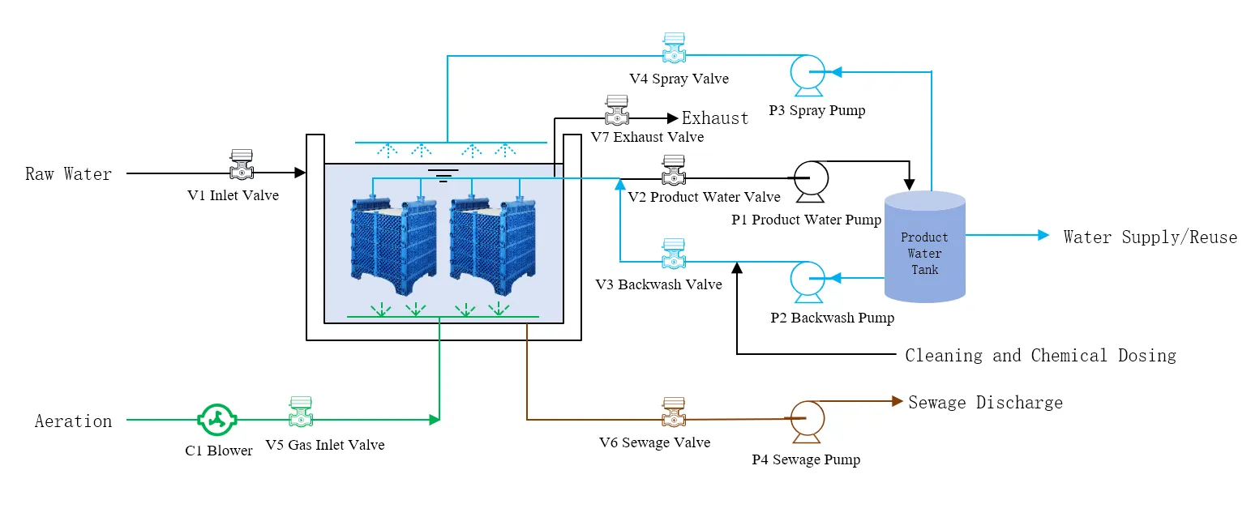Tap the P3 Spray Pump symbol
808,73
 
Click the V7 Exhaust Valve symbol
618,111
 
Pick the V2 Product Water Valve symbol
673,170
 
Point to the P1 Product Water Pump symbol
808,180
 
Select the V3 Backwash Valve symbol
672,254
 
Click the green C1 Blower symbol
217,420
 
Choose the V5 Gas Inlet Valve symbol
301,412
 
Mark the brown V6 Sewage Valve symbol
674,412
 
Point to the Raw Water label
68,173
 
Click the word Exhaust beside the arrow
715,118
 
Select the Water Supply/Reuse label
1150,237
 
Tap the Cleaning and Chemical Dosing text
1040,355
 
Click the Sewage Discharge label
985,402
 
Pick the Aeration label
73,421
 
